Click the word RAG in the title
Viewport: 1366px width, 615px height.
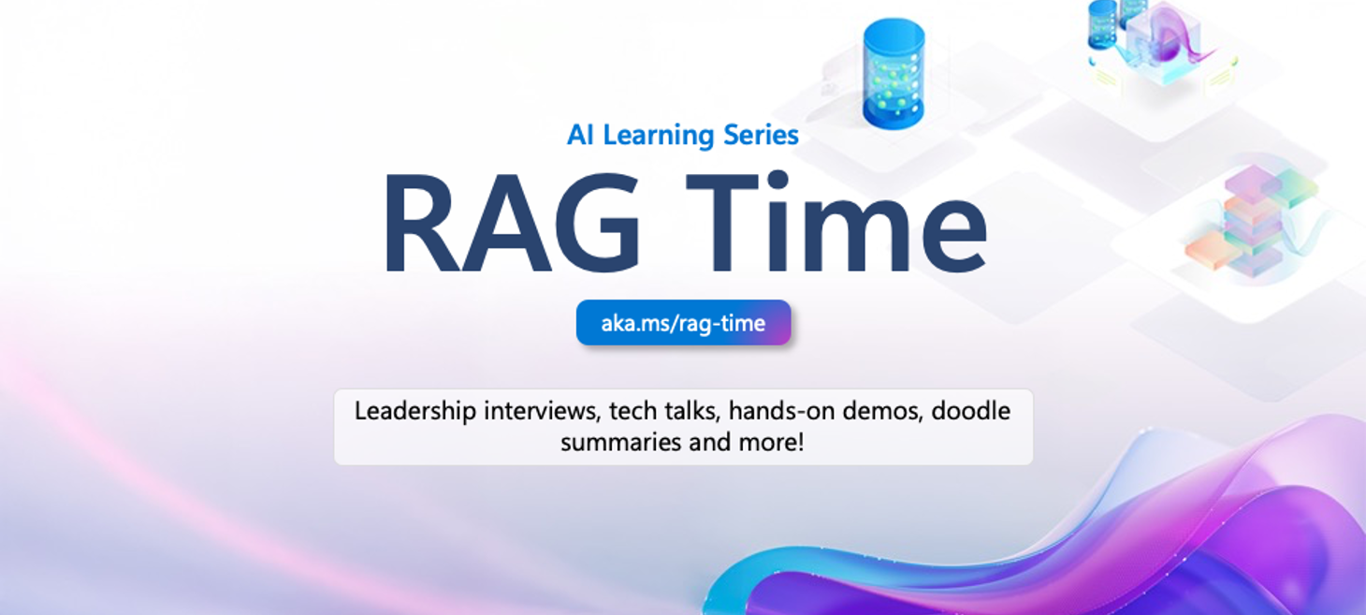click(x=510, y=225)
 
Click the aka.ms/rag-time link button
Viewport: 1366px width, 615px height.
click(x=683, y=324)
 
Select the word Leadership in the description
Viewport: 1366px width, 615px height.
click(x=415, y=411)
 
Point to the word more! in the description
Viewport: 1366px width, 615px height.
click(x=773, y=442)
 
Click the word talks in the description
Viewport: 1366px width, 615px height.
click(x=692, y=411)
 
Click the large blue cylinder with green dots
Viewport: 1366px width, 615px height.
click(x=894, y=73)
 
